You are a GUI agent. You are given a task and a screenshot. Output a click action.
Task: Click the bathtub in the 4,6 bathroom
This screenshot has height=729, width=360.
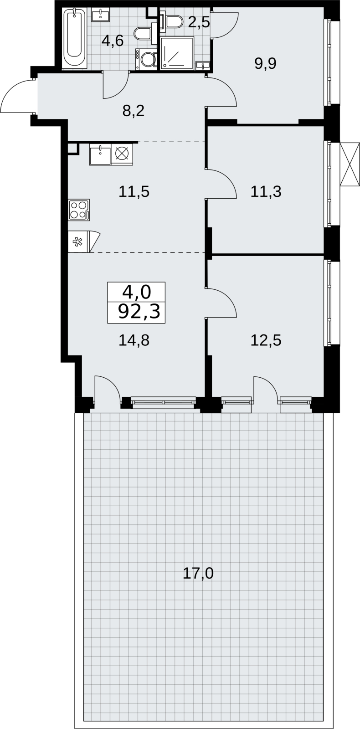[75, 38]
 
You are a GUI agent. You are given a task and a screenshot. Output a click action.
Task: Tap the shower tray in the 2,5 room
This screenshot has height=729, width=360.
[177, 53]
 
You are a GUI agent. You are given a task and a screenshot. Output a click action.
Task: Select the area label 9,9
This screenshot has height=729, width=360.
[265, 63]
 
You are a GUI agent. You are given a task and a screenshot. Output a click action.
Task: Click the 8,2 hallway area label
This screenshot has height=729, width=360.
[133, 111]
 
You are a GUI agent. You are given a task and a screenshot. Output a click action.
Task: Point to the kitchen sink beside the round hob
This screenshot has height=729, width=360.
[100, 154]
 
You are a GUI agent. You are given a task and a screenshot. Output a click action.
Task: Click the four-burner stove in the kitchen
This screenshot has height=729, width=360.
[79, 210]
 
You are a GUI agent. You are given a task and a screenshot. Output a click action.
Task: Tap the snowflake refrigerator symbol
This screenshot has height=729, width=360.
[78, 242]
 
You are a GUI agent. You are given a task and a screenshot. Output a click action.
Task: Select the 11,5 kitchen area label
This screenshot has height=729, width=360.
[134, 192]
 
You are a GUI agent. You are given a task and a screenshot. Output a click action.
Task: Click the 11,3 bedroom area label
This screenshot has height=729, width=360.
[266, 192]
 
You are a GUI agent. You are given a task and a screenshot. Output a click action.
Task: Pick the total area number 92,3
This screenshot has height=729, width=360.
[139, 312]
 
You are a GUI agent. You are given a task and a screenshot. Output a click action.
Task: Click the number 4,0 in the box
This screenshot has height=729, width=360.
[137, 292]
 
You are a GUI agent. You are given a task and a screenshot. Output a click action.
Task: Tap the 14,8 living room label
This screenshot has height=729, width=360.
[134, 340]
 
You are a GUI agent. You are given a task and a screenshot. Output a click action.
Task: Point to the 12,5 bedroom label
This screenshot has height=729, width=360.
[266, 340]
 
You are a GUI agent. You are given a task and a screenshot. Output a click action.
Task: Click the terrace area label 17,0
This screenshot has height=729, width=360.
[198, 573]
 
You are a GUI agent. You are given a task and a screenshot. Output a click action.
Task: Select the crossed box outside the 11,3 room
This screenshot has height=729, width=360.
[350, 164]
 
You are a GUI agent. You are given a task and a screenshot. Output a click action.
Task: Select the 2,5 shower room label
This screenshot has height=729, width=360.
[199, 23]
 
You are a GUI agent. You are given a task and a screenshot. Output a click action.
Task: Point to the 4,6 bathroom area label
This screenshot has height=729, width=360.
[112, 41]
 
